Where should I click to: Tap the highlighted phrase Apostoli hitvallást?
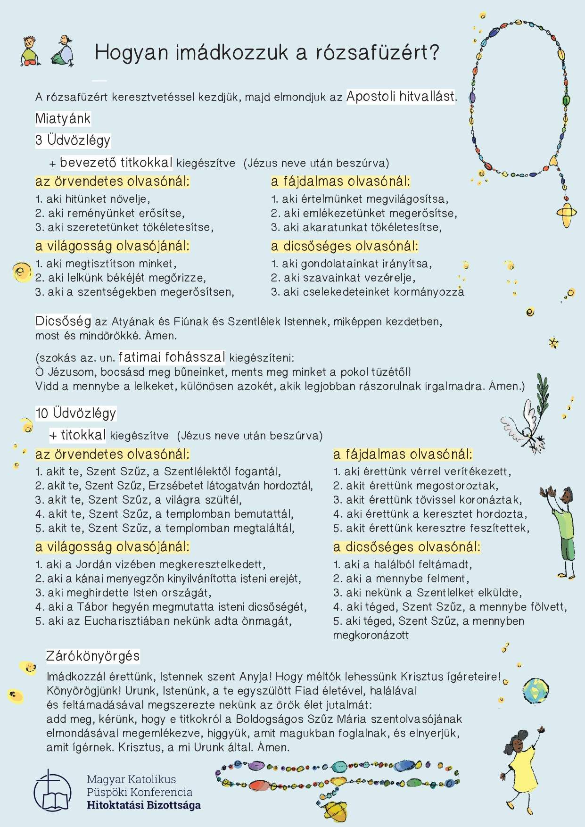[401, 97]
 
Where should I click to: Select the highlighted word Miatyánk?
[63, 118]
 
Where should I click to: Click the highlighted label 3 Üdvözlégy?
[73, 140]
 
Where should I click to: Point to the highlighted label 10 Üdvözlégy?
[75, 413]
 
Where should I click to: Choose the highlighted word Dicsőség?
[63, 322]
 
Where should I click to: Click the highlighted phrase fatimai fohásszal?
[172, 357]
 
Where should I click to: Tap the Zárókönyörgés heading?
[93, 656]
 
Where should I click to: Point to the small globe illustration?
[536, 690]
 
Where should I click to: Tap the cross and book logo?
[52, 791]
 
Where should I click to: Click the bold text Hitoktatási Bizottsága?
[144, 805]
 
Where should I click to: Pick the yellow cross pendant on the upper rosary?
[567, 213]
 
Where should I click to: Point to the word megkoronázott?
[371, 635]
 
